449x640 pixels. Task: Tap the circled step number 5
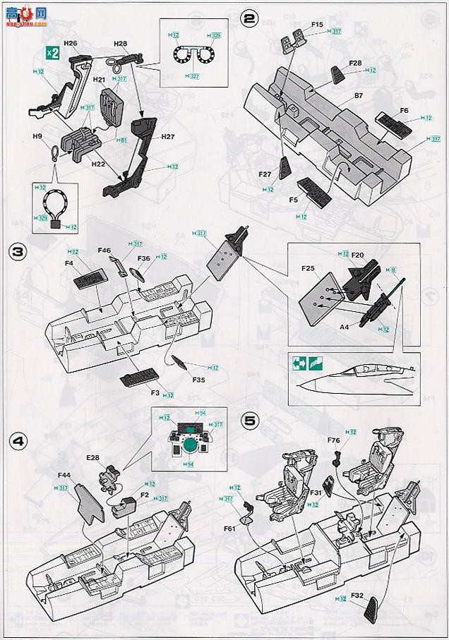pyautogui.click(x=249, y=419)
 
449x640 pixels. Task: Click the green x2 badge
pyautogui.click(x=52, y=53)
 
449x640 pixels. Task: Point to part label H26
pyautogui.click(x=70, y=43)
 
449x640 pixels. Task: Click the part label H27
pyautogui.click(x=167, y=136)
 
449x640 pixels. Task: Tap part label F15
pyautogui.click(x=318, y=25)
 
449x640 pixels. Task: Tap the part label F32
pyautogui.click(x=356, y=596)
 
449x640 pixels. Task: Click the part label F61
pyautogui.click(x=230, y=527)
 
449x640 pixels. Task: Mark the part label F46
pyautogui.click(x=104, y=250)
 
